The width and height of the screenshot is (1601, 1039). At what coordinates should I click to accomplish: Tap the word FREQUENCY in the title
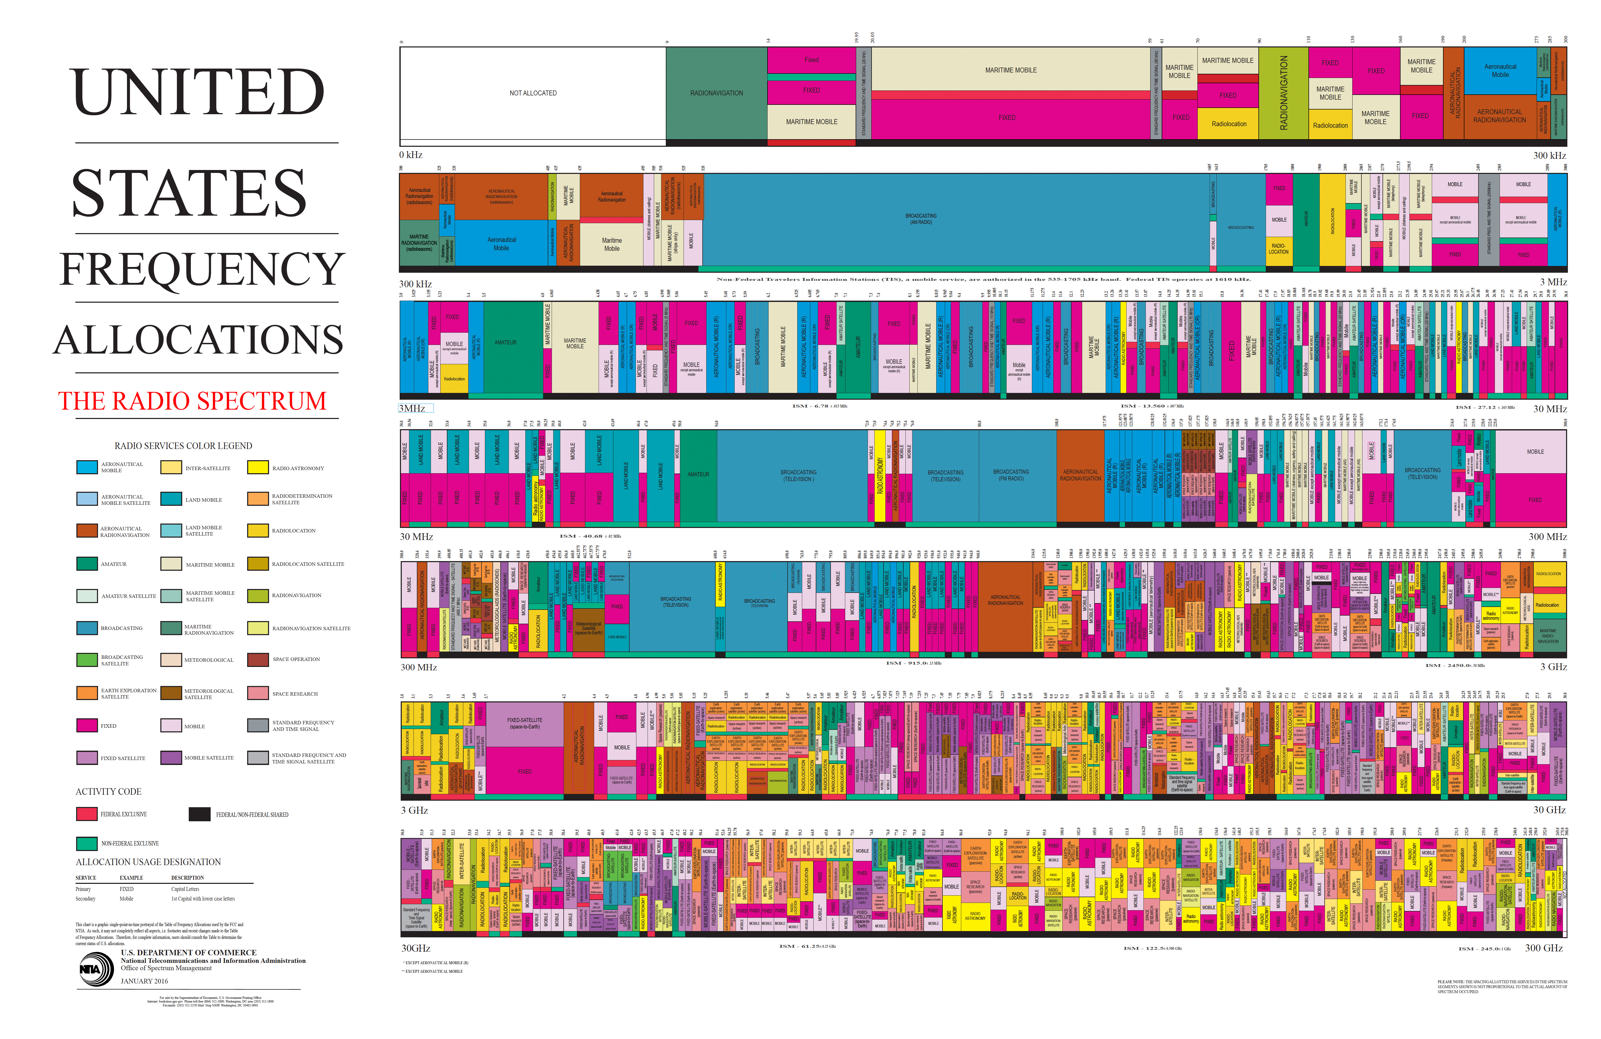202,269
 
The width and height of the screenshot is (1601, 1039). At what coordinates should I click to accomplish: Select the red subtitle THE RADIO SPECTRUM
192,401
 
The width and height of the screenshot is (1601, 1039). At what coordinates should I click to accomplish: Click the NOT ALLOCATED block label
533,93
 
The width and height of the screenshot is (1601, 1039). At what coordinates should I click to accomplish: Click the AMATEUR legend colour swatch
87,564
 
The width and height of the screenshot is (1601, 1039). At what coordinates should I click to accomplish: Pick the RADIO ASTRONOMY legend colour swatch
258,468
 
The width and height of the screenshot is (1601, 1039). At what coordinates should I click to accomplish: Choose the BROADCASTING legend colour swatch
87,628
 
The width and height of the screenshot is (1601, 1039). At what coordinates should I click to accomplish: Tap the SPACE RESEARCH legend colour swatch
258,693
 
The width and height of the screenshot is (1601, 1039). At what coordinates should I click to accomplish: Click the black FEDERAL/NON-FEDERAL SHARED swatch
199,814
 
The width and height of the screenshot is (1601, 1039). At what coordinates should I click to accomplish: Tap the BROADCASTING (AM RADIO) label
921,219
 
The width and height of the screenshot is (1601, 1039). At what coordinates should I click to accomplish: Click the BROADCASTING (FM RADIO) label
1011,475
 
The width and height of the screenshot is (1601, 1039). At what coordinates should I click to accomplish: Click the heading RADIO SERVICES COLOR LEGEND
183,446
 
